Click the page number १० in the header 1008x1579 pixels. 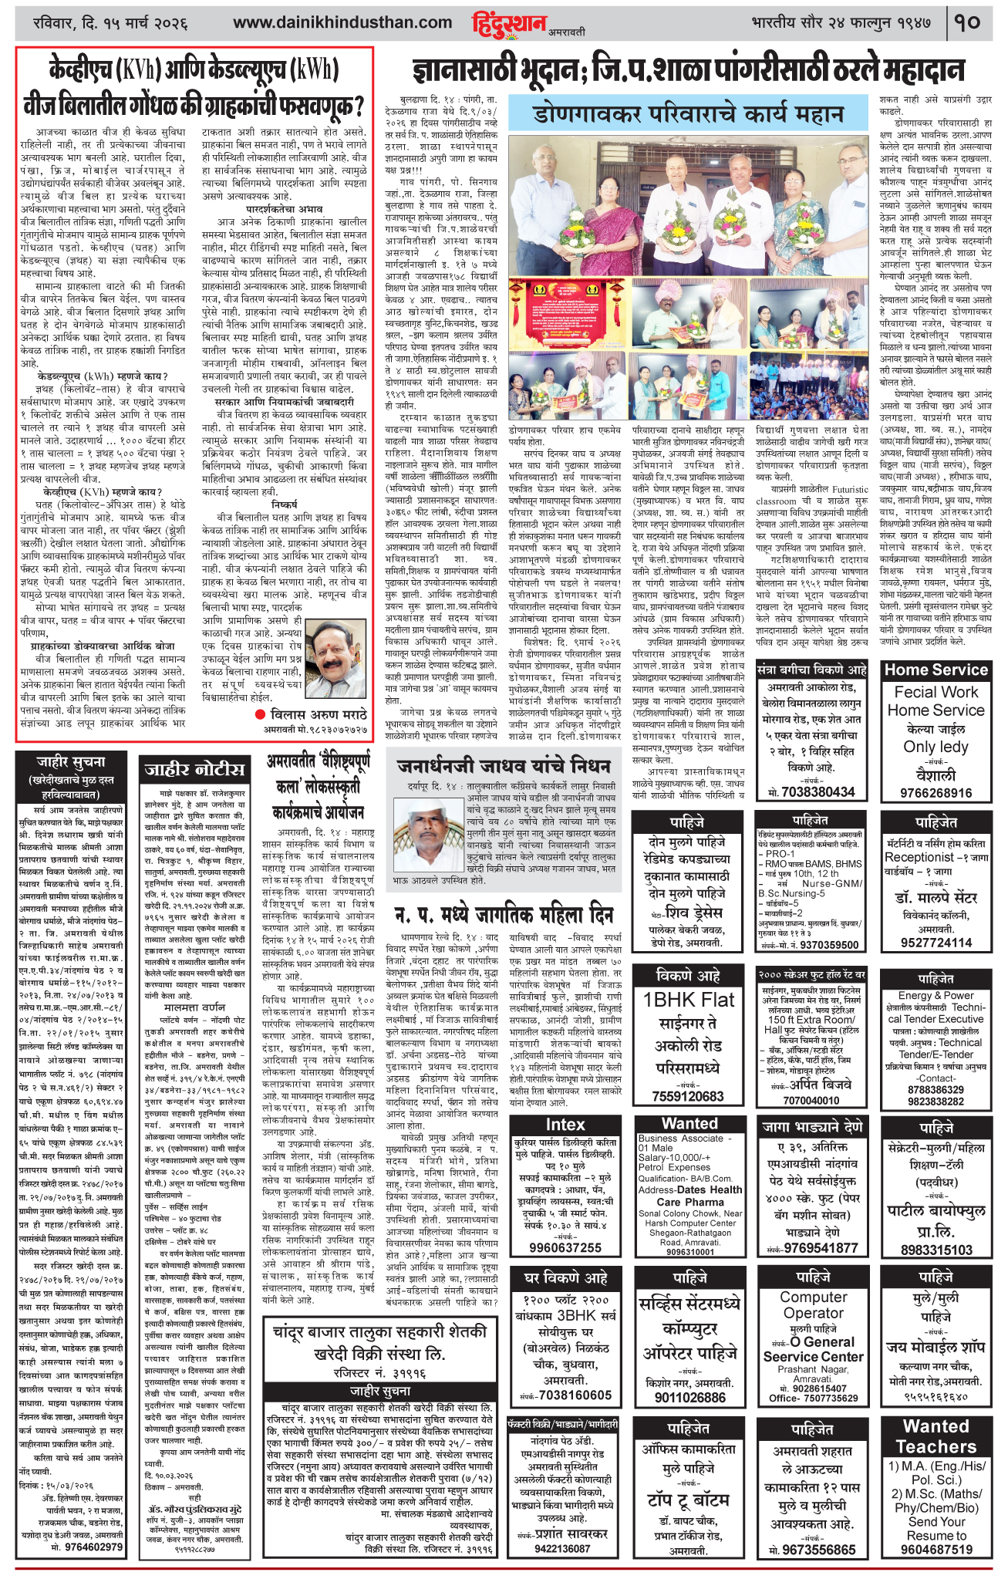pyautogui.click(x=967, y=22)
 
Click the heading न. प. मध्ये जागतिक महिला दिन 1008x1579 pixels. pyautogui.click(x=505, y=913)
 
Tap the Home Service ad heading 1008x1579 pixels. pyautogui.click(x=936, y=670)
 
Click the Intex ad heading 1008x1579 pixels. pyautogui.click(x=565, y=1125)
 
